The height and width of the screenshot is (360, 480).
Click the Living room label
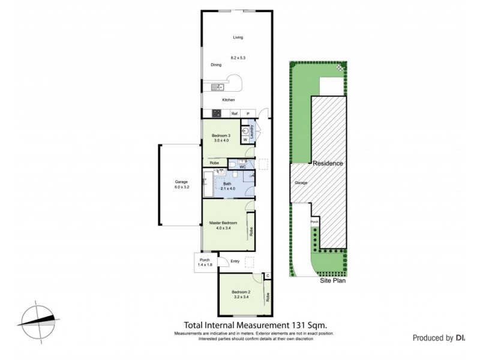(x=238, y=38)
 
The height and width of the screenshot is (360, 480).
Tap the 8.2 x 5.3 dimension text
(x=238, y=58)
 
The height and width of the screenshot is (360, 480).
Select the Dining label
(x=216, y=65)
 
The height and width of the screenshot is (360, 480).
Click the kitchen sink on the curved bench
(x=216, y=88)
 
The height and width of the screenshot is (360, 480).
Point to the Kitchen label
(x=229, y=100)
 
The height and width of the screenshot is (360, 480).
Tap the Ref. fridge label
(x=235, y=113)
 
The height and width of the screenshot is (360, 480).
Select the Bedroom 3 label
(x=221, y=136)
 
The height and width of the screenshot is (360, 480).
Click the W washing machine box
(x=245, y=140)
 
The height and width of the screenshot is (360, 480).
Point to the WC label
(x=242, y=166)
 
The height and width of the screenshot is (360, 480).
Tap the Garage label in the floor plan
(x=182, y=181)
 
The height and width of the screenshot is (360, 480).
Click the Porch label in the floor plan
(x=205, y=260)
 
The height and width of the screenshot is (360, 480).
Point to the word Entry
(x=235, y=261)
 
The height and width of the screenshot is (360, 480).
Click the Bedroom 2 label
(x=241, y=292)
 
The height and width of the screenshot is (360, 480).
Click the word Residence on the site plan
(x=327, y=163)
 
